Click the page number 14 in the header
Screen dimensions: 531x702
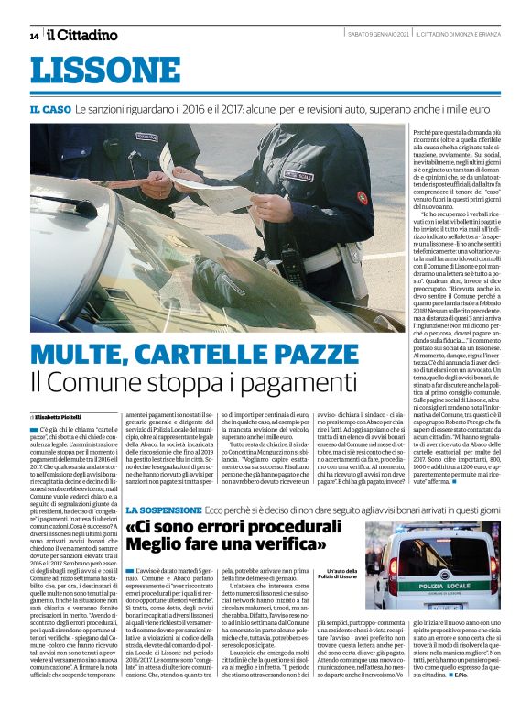(34, 36)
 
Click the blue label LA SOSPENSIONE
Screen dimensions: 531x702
(162, 509)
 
